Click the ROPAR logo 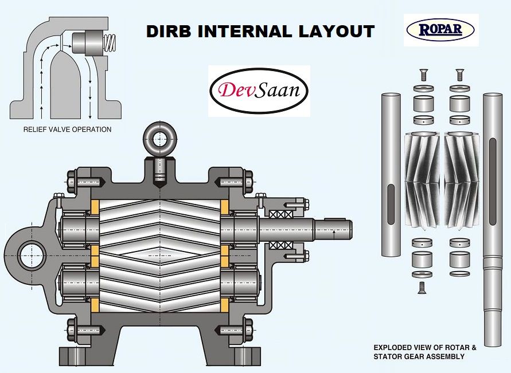(x=440, y=29)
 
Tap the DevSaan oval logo (x=259, y=91)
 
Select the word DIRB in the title (x=169, y=31)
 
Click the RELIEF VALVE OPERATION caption (x=67, y=129)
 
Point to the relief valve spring (x=110, y=42)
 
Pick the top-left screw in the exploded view (x=423, y=74)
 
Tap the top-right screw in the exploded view (x=458, y=74)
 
